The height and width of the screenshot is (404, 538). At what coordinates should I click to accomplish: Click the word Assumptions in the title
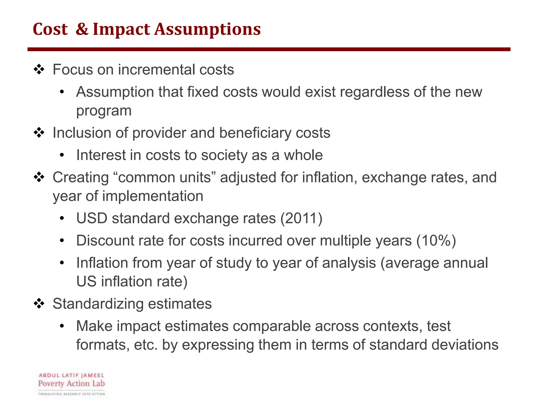(208, 29)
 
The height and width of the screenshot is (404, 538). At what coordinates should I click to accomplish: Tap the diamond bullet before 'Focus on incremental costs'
(39, 70)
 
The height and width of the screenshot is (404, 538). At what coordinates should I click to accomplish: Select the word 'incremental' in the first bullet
(156, 70)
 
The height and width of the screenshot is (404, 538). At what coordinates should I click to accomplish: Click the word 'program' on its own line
(104, 111)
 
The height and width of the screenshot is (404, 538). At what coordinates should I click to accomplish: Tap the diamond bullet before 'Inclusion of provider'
(39, 133)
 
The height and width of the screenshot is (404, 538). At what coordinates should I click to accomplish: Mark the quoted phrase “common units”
(165, 178)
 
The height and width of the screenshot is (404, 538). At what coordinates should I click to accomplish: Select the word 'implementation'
(153, 196)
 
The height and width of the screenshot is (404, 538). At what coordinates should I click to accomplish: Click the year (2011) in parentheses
(301, 218)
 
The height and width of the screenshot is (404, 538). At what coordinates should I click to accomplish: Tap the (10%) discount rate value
(436, 241)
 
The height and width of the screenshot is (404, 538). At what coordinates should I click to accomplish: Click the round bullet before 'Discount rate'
(62, 241)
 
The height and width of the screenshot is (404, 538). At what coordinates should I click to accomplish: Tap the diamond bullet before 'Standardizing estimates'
(39, 304)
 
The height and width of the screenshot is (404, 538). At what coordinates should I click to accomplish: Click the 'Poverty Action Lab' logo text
(71, 383)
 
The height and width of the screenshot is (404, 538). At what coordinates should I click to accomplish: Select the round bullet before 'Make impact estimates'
(62, 326)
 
